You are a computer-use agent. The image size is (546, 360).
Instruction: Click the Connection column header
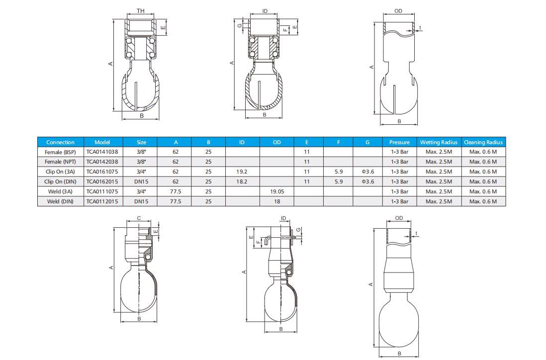[60, 142]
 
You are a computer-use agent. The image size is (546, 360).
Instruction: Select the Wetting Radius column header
[439, 142]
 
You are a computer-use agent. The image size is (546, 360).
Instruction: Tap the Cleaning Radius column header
[483, 142]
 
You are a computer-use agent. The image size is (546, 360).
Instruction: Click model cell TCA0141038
[102, 152]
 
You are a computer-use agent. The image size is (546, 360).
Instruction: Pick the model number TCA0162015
[102, 181]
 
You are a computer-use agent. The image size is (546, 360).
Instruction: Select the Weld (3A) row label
[60, 191]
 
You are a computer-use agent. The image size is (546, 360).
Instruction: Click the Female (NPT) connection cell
[60, 162]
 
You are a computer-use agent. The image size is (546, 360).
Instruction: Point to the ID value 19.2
[242, 172]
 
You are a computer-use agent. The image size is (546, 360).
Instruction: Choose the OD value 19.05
[277, 191]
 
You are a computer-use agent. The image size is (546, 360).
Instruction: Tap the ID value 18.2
[242, 181]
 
